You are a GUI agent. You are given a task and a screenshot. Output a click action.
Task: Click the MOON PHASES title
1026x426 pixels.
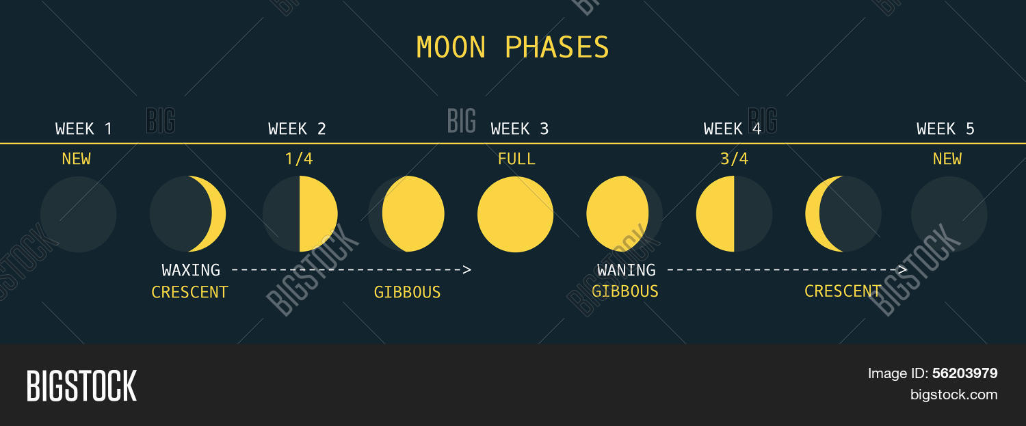point(512,48)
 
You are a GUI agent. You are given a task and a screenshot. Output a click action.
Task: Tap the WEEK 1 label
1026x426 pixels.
point(83,129)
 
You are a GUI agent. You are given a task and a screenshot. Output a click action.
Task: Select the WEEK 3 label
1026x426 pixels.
point(520,129)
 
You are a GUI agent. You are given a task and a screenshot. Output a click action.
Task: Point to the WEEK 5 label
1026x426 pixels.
point(945,129)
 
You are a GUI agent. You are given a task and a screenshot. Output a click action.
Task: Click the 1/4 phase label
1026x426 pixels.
point(299,159)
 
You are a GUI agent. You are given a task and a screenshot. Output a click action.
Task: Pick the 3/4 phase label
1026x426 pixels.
point(734,159)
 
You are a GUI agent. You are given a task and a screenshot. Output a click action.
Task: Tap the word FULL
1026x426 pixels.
point(516,159)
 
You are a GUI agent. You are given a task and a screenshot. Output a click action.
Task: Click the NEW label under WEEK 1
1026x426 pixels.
point(76,159)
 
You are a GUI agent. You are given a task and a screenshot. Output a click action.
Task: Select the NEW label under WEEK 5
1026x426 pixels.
point(947,159)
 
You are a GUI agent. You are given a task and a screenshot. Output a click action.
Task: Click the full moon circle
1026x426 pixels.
point(515,214)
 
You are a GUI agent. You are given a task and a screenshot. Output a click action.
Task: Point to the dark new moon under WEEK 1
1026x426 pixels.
point(78,214)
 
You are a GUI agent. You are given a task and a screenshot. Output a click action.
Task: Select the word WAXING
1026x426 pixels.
point(191,270)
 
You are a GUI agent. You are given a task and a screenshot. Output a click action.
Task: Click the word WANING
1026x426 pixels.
point(626,270)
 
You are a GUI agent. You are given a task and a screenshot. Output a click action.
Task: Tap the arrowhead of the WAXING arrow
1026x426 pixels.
point(467,270)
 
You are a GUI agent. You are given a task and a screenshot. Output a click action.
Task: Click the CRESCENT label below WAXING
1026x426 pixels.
point(189,293)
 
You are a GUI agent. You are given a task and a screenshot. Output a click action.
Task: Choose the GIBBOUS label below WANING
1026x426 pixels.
point(624,291)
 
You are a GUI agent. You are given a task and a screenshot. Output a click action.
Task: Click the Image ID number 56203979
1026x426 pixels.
point(964,373)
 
